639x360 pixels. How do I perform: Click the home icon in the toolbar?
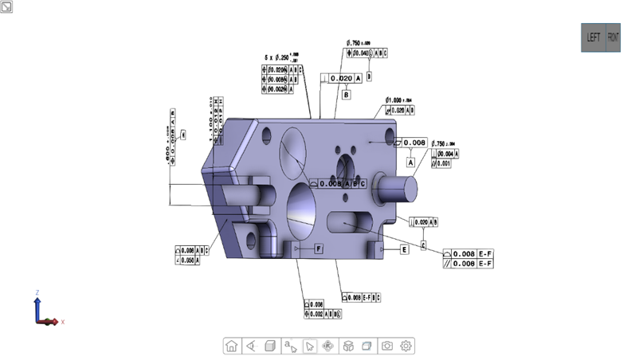pos(231,346)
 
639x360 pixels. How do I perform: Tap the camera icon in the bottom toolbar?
pos(387,346)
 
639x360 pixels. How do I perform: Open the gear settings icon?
pos(406,346)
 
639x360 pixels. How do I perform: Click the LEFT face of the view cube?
pos(594,37)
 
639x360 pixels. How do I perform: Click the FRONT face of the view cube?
pos(614,37)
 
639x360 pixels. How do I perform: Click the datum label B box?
pos(347,95)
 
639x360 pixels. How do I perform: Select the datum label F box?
pos(318,249)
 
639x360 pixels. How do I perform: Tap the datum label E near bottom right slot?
pos(404,249)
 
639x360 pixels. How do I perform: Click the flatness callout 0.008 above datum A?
pos(414,143)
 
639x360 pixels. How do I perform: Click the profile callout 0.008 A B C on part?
pos(338,184)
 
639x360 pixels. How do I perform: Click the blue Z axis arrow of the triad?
pos(37,303)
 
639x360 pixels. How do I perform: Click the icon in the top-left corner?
pos(6,6)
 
